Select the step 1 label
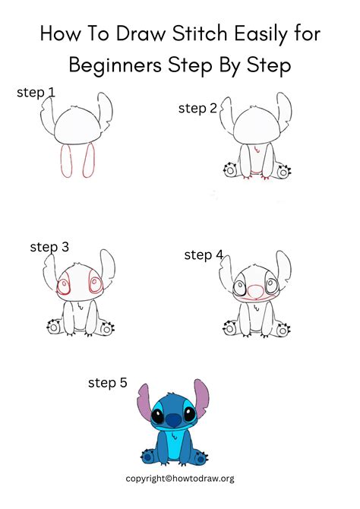[36, 93]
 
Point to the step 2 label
[197, 108]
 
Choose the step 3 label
[49, 246]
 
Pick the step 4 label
[204, 255]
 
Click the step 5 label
[108, 384]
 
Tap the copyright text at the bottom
[180, 479]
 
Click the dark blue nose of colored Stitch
[173, 419]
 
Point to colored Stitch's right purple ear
[202, 403]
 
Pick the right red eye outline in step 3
[96, 285]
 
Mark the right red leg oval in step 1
[88, 160]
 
